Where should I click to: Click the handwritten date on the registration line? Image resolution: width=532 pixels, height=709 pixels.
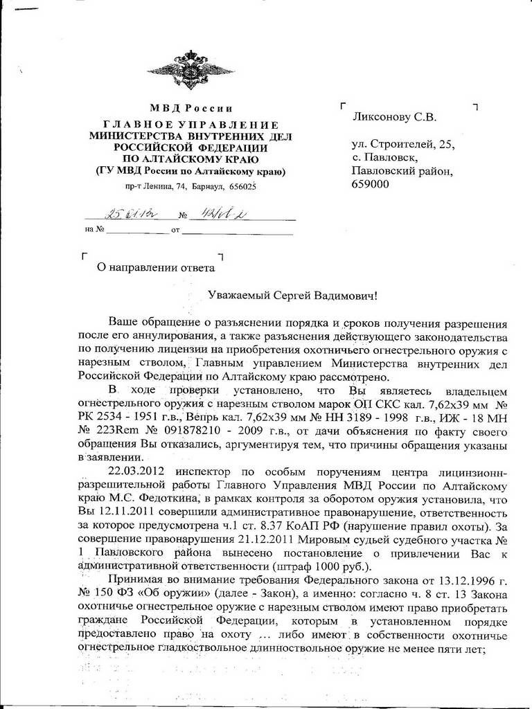120,214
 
